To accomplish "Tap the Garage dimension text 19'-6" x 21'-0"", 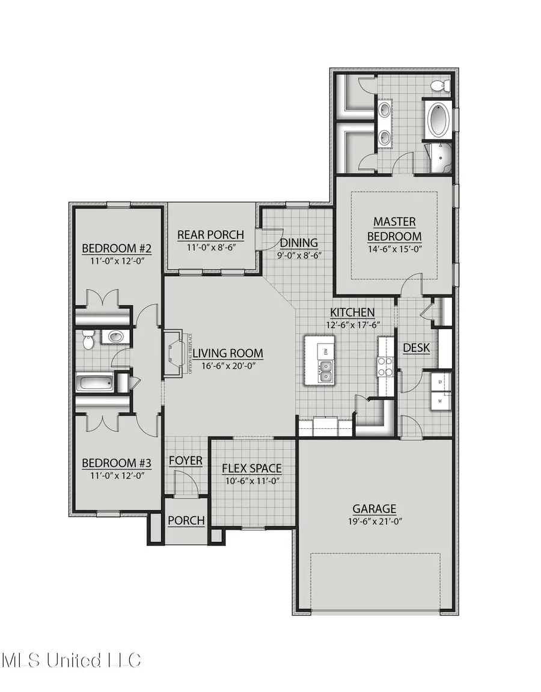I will point(374,521).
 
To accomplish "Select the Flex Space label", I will point(251,469).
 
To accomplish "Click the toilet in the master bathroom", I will point(441,85).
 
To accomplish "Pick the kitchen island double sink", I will point(325,376).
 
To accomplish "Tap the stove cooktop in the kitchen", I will point(385,366).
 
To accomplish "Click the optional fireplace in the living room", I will point(175,354).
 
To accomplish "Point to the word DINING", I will point(299,243).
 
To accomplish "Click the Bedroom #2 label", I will point(115,249).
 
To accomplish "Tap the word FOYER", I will point(185,461).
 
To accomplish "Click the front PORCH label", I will point(186,520).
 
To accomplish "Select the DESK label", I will point(415,347).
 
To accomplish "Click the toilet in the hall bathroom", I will point(90,341).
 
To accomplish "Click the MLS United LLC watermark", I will point(71,660).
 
